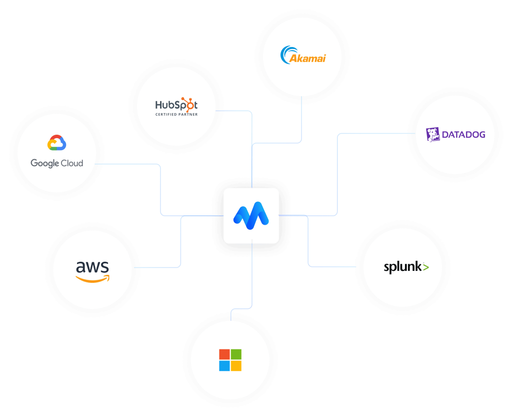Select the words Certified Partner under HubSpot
[176, 115]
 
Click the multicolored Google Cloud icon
[56, 143]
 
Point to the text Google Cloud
[56, 163]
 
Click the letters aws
[92, 266]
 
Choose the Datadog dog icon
[433, 134]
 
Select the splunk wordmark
[402, 267]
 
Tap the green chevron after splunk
[425, 267]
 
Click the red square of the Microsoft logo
[224, 354]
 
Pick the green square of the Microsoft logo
[236, 354]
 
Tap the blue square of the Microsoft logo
[224, 366]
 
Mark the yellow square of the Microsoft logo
[236, 366]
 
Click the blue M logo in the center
[251, 215]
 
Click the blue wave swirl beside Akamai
[287, 54]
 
